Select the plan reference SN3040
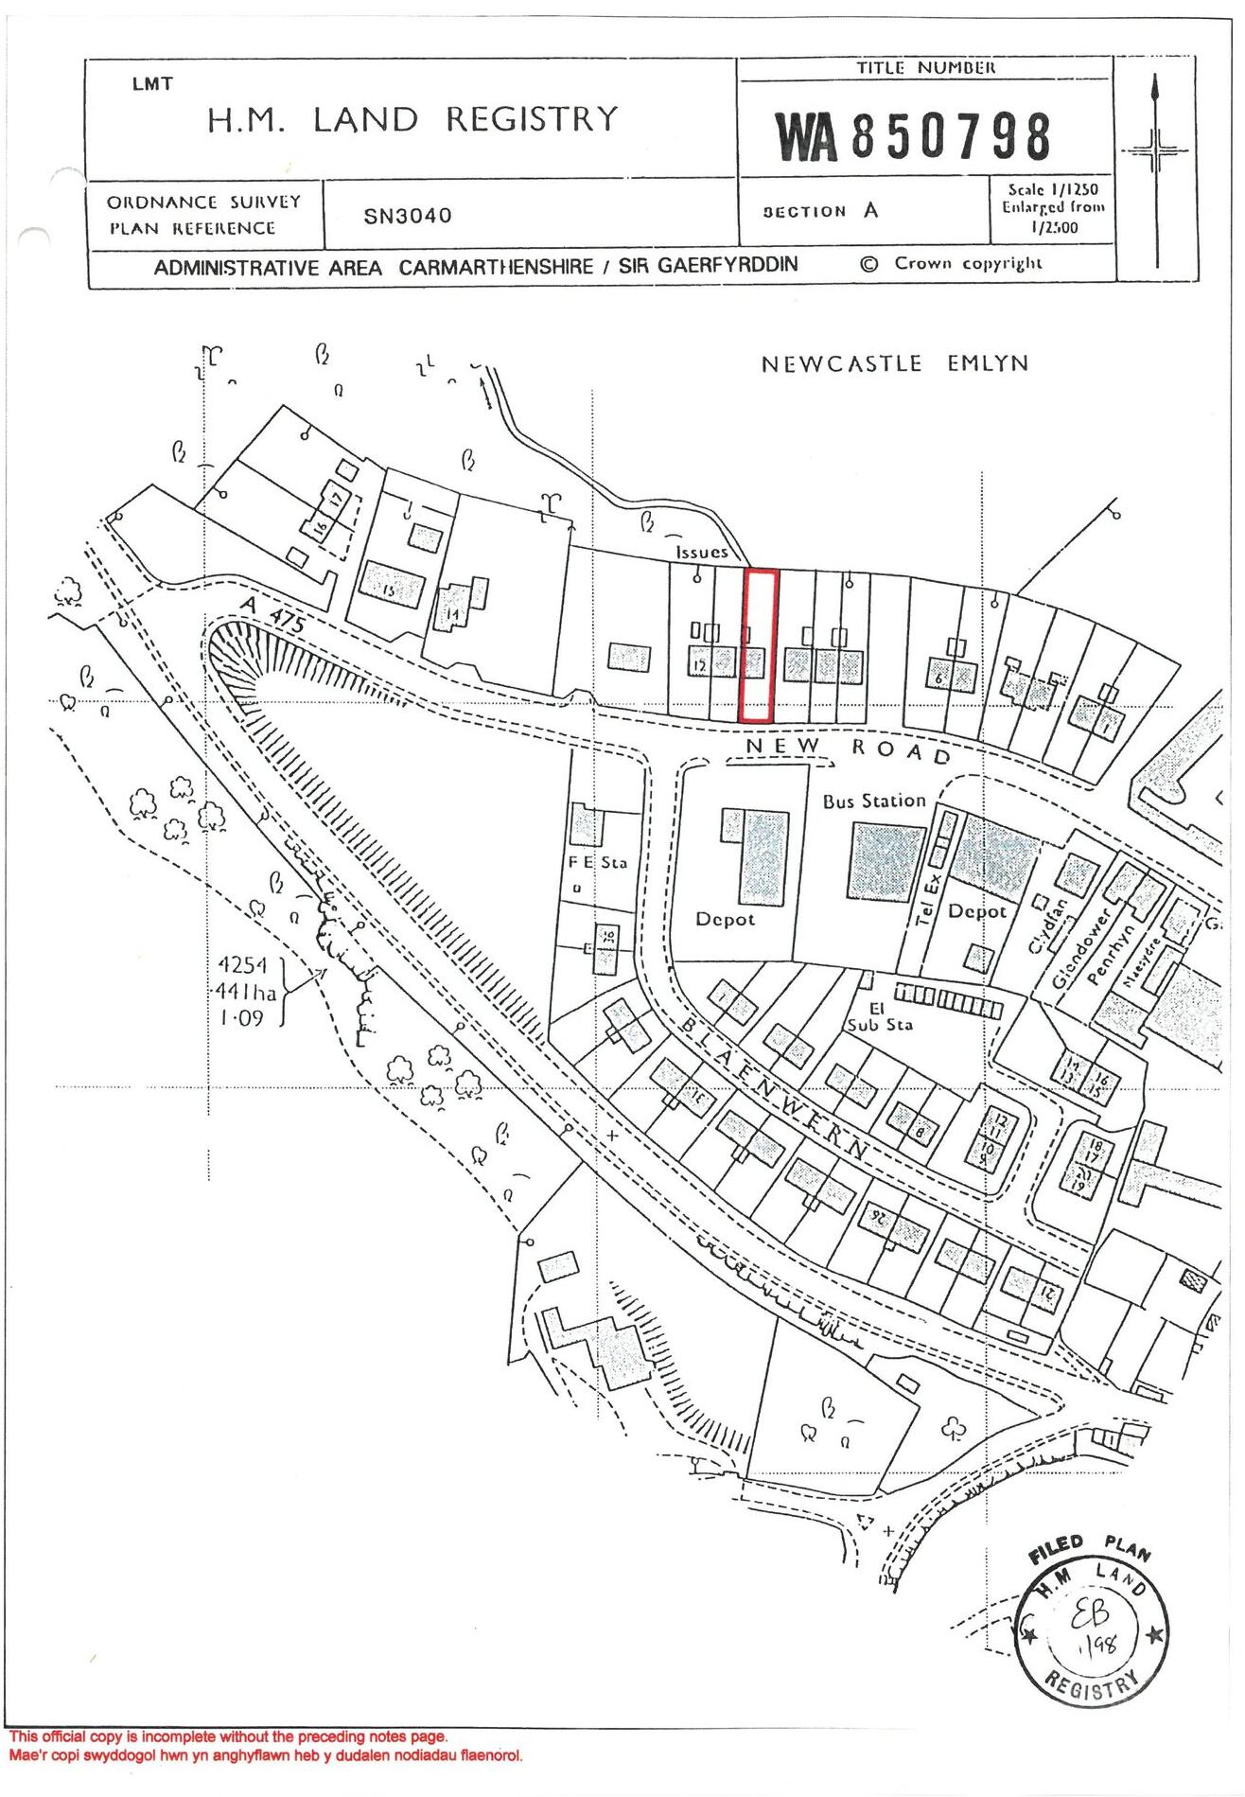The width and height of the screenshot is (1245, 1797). [408, 216]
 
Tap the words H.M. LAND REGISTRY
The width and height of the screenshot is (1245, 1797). [412, 120]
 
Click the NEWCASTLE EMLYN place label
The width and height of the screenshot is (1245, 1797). [894, 364]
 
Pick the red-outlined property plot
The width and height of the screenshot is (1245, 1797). [759, 645]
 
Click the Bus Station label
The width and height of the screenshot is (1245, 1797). [873, 802]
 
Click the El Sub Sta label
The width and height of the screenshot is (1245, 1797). [879, 1017]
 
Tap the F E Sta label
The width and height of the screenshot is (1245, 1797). [597, 863]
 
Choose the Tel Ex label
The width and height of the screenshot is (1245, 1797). [930, 895]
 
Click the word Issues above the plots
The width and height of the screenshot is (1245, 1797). [702, 552]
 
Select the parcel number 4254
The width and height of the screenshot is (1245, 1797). [243, 965]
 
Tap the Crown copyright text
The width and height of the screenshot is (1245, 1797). [952, 264]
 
